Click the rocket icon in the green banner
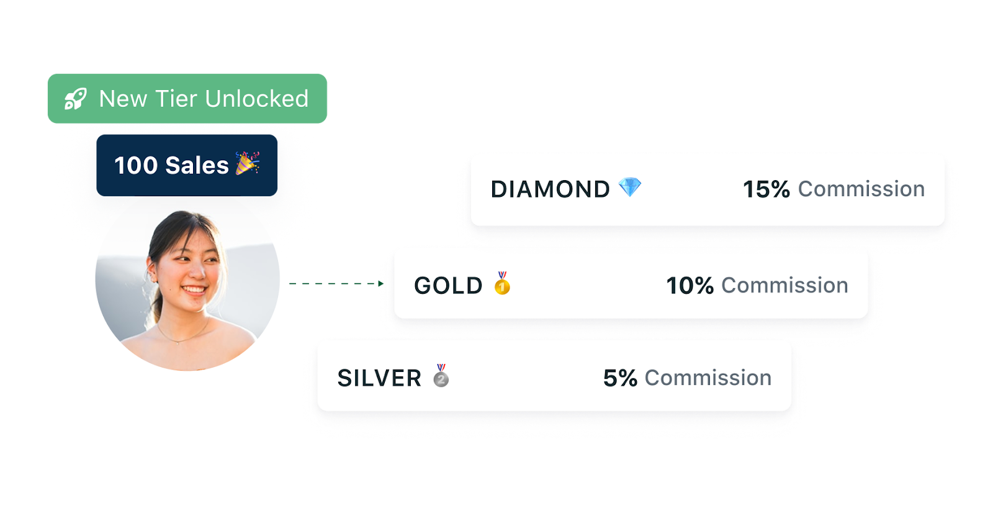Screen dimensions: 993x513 [x=75, y=99]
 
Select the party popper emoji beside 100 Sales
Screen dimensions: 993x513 [x=247, y=163]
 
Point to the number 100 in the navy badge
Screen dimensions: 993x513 [x=136, y=166]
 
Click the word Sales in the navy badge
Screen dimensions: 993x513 [x=197, y=166]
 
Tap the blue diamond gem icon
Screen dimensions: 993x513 [x=629, y=187]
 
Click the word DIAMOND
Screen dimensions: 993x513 [x=550, y=189]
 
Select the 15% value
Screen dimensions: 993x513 [x=766, y=189]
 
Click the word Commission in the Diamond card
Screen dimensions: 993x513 [x=861, y=189]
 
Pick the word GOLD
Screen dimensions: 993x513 [x=448, y=286]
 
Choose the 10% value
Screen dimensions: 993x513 [x=690, y=286]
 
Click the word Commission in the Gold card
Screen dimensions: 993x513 [x=784, y=285]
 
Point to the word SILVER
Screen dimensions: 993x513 [x=379, y=378]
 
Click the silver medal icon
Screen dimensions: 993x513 [x=441, y=376]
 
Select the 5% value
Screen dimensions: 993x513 [x=620, y=378]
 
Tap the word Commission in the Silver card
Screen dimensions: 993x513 [x=708, y=378]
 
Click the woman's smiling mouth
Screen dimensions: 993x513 [x=194, y=289]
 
